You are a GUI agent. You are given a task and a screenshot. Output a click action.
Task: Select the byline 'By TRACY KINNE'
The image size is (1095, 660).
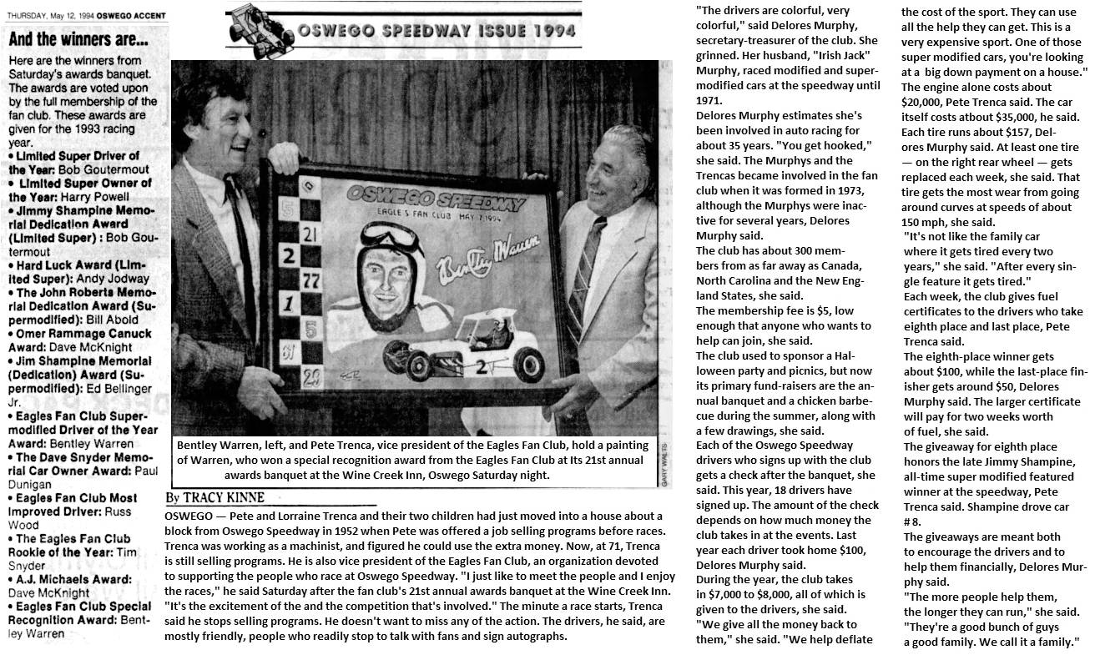[x=214, y=498]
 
